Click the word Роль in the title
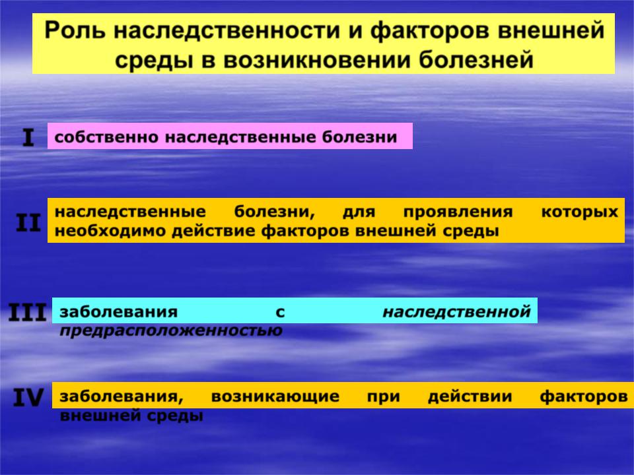coord(75,30)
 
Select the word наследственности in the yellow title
coord(227,30)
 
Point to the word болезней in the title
coord(476,60)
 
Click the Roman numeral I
coord(28,138)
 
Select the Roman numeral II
coord(28,222)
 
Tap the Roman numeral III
coord(27,312)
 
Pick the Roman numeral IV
coord(28,397)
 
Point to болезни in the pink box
coord(359,137)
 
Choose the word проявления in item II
coord(458,212)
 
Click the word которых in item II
coord(579,212)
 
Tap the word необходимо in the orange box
coord(111,231)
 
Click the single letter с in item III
coord(280,312)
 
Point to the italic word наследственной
coord(456,312)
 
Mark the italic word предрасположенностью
coord(171,331)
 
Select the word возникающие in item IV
coord(275,396)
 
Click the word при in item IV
coord(383,397)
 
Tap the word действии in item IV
coord(470,396)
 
